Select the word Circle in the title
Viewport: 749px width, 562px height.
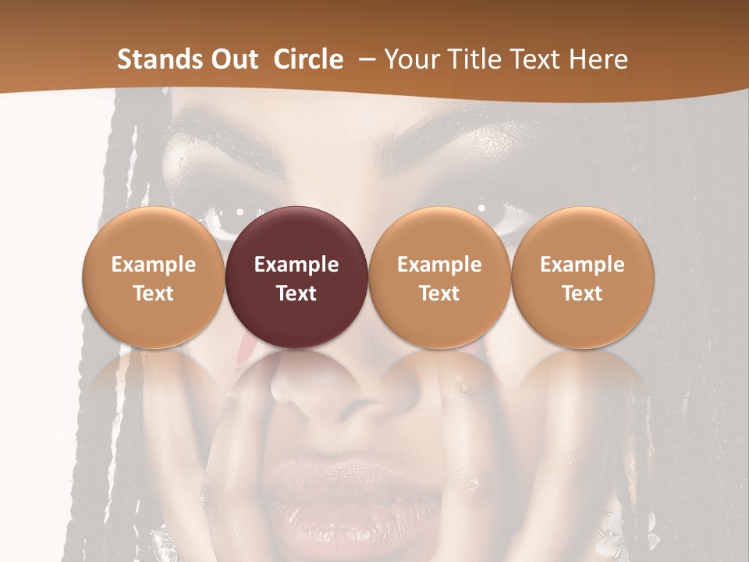[x=308, y=59]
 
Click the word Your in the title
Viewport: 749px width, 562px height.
[x=410, y=59]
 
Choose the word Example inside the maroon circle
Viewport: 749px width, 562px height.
[x=296, y=265]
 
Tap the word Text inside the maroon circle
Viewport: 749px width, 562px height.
[x=296, y=293]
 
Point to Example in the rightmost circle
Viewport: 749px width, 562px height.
[x=583, y=265]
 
